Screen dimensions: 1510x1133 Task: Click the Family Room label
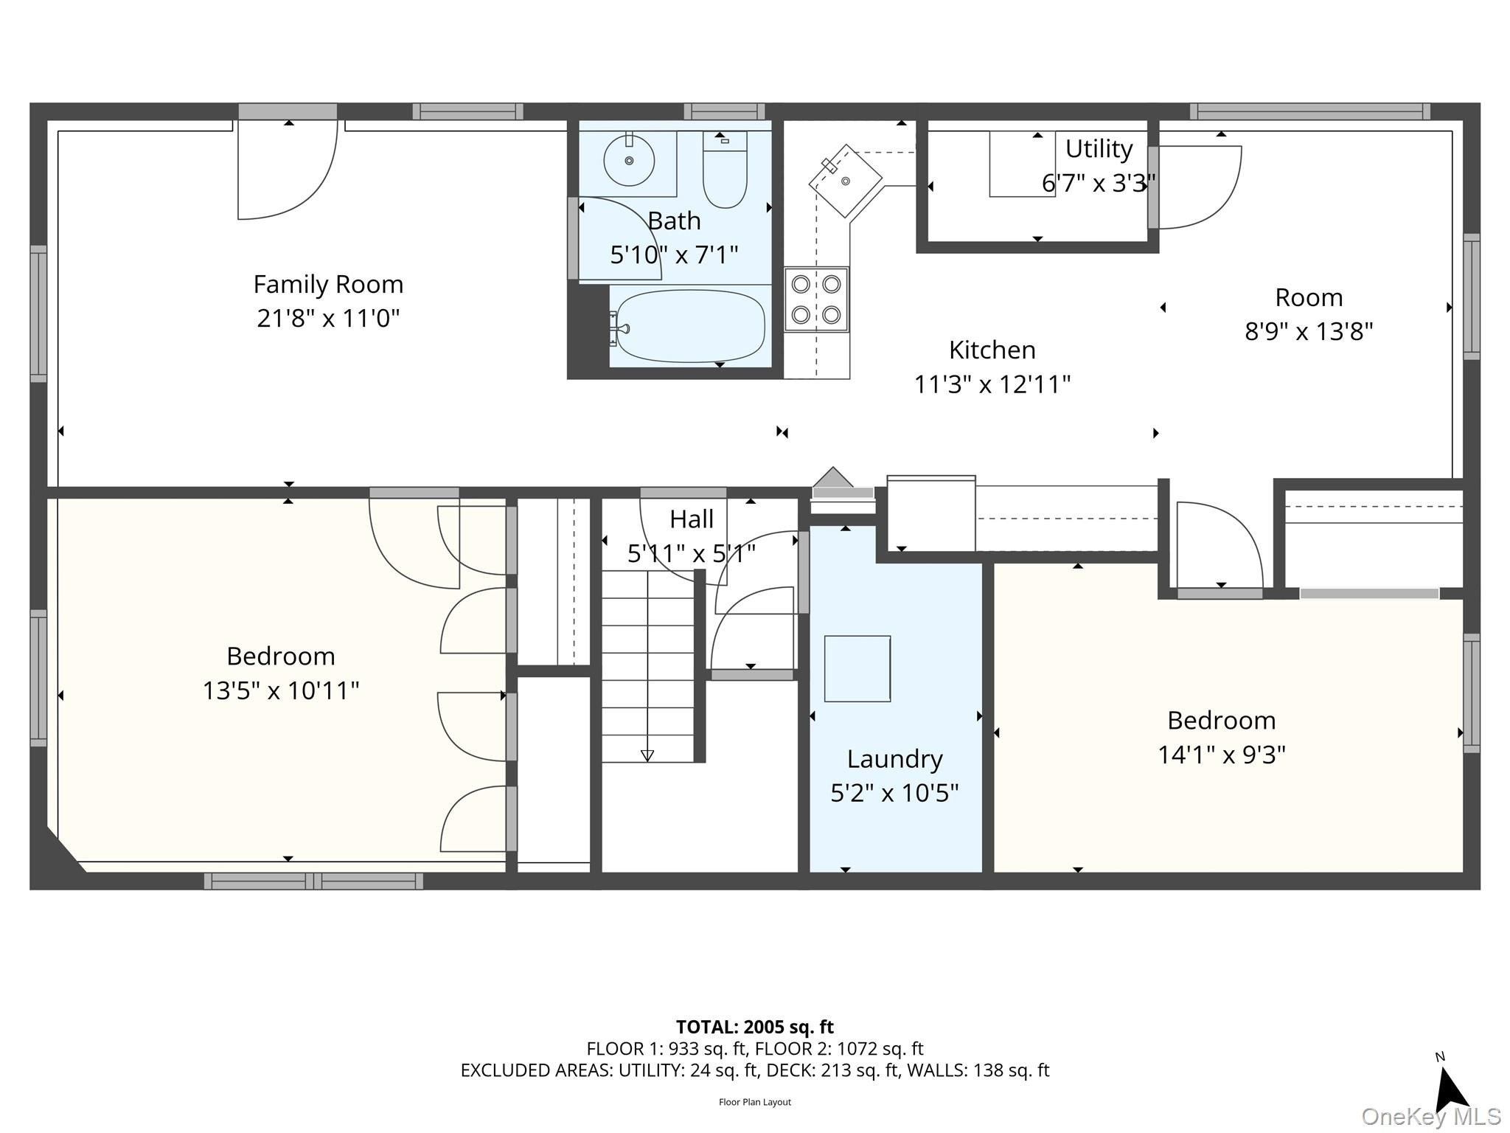tap(328, 284)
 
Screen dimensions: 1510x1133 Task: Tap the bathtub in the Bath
tap(689, 325)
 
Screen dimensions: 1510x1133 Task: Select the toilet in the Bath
tap(725, 170)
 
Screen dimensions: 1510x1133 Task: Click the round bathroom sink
tap(629, 161)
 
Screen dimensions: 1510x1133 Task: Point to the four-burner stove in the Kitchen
tap(816, 299)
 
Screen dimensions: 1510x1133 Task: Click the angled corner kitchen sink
tap(845, 180)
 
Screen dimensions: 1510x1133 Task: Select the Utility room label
tap(1099, 149)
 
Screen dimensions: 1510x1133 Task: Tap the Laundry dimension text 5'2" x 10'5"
tap(894, 793)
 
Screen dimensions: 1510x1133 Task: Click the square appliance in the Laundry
tap(857, 668)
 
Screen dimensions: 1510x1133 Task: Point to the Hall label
tap(692, 519)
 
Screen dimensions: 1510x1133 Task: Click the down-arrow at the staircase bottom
tap(647, 755)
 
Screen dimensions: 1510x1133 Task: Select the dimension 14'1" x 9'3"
tap(1222, 755)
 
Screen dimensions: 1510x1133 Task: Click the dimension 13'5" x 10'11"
tap(281, 690)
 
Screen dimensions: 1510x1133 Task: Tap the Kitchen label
tap(992, 350)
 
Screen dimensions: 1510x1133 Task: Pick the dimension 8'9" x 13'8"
tap(1309, 332)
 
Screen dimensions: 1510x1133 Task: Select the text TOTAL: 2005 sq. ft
tap(755, 1027)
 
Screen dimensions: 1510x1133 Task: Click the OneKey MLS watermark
tap(1431, 1117)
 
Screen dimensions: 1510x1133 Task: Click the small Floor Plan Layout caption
tap(755, 1102)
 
